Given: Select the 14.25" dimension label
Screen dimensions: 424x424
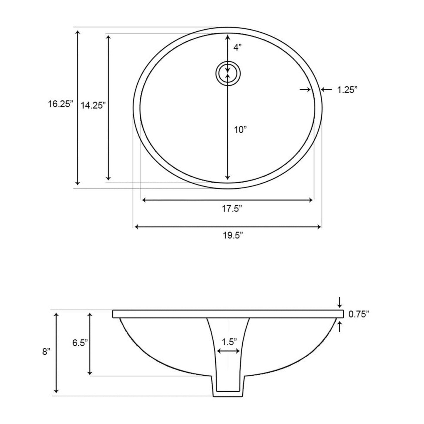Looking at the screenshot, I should (x=93, y=105).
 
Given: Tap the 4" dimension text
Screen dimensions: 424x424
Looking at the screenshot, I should (x=237, y=47).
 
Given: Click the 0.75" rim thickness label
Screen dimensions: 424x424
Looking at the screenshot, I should (x=358, y=314).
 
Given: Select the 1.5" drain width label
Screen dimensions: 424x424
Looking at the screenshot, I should (x=229, y=342).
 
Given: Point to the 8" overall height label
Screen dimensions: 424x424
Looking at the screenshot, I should (x=46, y=352).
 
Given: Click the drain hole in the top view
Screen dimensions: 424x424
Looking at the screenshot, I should (x=228, y=73).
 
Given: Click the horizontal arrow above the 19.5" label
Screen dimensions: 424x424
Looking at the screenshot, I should (x=228, y=227).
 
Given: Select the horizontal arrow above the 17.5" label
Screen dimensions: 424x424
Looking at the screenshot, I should (x=227, y=200).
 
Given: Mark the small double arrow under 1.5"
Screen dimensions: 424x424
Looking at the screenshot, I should (x=228, y=351).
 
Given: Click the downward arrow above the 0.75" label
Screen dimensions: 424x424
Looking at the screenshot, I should (x=339, y=301).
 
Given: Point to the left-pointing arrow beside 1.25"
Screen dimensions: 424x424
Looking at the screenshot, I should (x=326, y=90).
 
